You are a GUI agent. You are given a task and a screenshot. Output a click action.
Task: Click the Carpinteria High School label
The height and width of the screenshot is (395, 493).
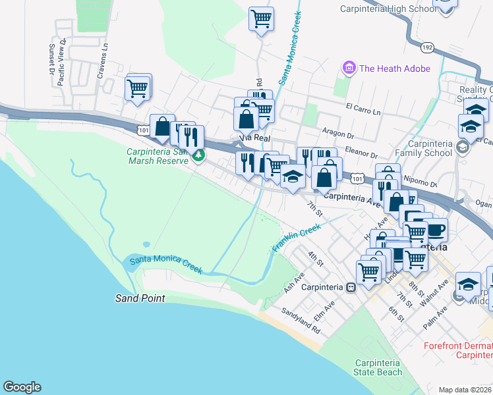point(388,9)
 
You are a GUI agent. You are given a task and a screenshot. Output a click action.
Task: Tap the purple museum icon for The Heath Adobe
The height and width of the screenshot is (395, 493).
point(348,68)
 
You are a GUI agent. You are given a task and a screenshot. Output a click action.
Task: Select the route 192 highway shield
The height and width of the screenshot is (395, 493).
point(427,47)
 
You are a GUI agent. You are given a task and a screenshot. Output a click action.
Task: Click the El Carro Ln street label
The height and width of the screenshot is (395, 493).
point(363,109)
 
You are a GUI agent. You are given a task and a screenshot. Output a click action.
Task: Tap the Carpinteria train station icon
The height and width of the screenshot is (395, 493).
point(352,287)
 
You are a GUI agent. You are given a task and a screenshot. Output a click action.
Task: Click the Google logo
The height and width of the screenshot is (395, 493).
point(22,387)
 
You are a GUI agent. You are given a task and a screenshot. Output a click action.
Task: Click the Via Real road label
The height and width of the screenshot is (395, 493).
point(254,138)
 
